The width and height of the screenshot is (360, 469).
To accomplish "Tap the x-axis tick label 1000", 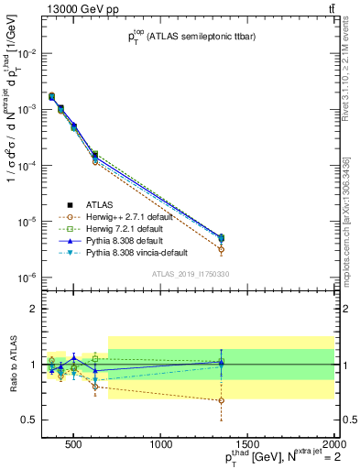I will pyautogui.click(x=161, y=446).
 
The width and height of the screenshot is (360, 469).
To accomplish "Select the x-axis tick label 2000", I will pyautogui.click(x=333, y=446).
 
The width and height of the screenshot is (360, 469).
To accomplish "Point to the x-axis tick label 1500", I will pyautogui.click(x=247, y=446).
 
